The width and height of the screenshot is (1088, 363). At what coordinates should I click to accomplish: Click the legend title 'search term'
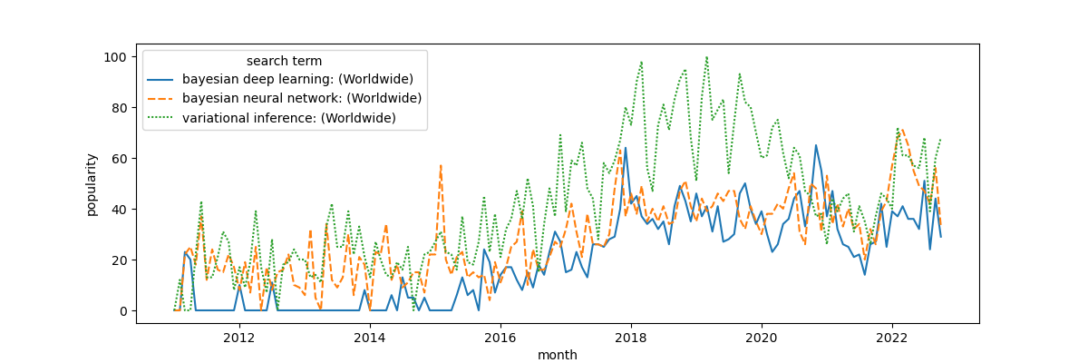pyautogui.click(x=284, y=62)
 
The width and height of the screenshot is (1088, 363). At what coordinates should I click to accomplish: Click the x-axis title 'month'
pyautogui.click(x=557, y=355)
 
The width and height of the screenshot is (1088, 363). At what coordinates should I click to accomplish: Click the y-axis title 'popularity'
pyautogui.click(x=92, y=184)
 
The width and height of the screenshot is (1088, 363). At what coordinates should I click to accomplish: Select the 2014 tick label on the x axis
pyautogui.click(x=370, y=337)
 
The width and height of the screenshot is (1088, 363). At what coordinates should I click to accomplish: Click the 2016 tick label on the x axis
pyautogui.click(x=500, y=337)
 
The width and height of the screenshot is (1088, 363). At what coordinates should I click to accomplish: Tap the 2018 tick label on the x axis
pyautogui.click(x=631, y=337)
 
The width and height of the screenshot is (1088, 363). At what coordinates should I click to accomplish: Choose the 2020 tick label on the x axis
pyautogui.click(x=762, y=337)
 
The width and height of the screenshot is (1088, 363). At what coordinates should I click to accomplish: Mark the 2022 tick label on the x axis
pyautogui.click(x=892, y=337)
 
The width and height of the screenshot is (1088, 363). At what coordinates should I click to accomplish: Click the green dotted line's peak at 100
pyautogui.click(x=706, y=57)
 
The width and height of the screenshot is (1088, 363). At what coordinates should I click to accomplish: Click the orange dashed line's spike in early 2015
pyautogui.click(x=441, y=166)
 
